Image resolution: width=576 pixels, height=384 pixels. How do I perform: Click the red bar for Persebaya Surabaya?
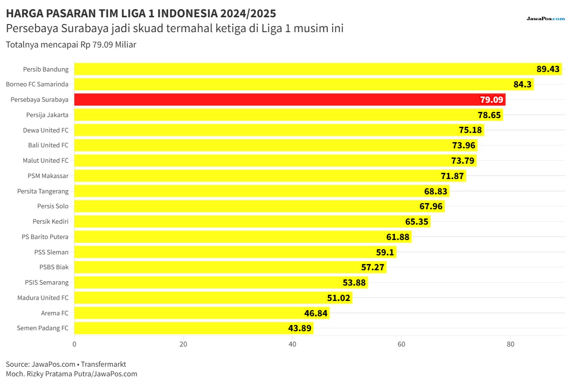(x=290, y=99)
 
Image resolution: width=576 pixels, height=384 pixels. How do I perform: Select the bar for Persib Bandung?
(x=318, y=69)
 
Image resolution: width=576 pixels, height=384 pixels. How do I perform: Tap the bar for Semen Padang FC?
(x=194, y=328)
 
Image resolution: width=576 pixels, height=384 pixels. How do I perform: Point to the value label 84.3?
(x=522, y=84)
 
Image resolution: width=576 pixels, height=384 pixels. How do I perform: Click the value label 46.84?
(x=316, y=313)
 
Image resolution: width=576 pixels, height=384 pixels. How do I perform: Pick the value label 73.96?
(x=464, y=145)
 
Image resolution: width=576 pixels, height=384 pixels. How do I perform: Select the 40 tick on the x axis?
(x=292, y=344)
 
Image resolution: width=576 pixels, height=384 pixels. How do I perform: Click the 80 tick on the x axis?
(x=510, y=344)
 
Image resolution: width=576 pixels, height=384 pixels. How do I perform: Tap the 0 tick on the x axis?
(x=74, y=344)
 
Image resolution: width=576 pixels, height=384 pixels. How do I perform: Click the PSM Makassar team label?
(x=48, y=176)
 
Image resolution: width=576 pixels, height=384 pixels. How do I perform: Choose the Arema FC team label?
(x=55, y=313)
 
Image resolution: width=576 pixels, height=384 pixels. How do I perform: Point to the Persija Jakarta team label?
(x=48, y=115)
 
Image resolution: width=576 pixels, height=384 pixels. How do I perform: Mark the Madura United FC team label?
(x=43, y=298)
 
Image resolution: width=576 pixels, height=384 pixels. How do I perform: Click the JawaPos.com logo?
(x=546, y=19)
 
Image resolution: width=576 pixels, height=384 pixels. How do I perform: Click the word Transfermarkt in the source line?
(x=103, y=364)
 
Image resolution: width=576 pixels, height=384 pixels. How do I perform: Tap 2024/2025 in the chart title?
(x=248, y=13)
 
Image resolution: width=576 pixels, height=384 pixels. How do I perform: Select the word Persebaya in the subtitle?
(x=32, y=28)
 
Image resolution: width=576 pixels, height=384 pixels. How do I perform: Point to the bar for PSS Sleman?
(x=235, y=252)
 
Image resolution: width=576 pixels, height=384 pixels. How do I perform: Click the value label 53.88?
(x=354, y=283)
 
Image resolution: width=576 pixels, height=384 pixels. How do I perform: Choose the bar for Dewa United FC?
(x=279, y=130)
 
